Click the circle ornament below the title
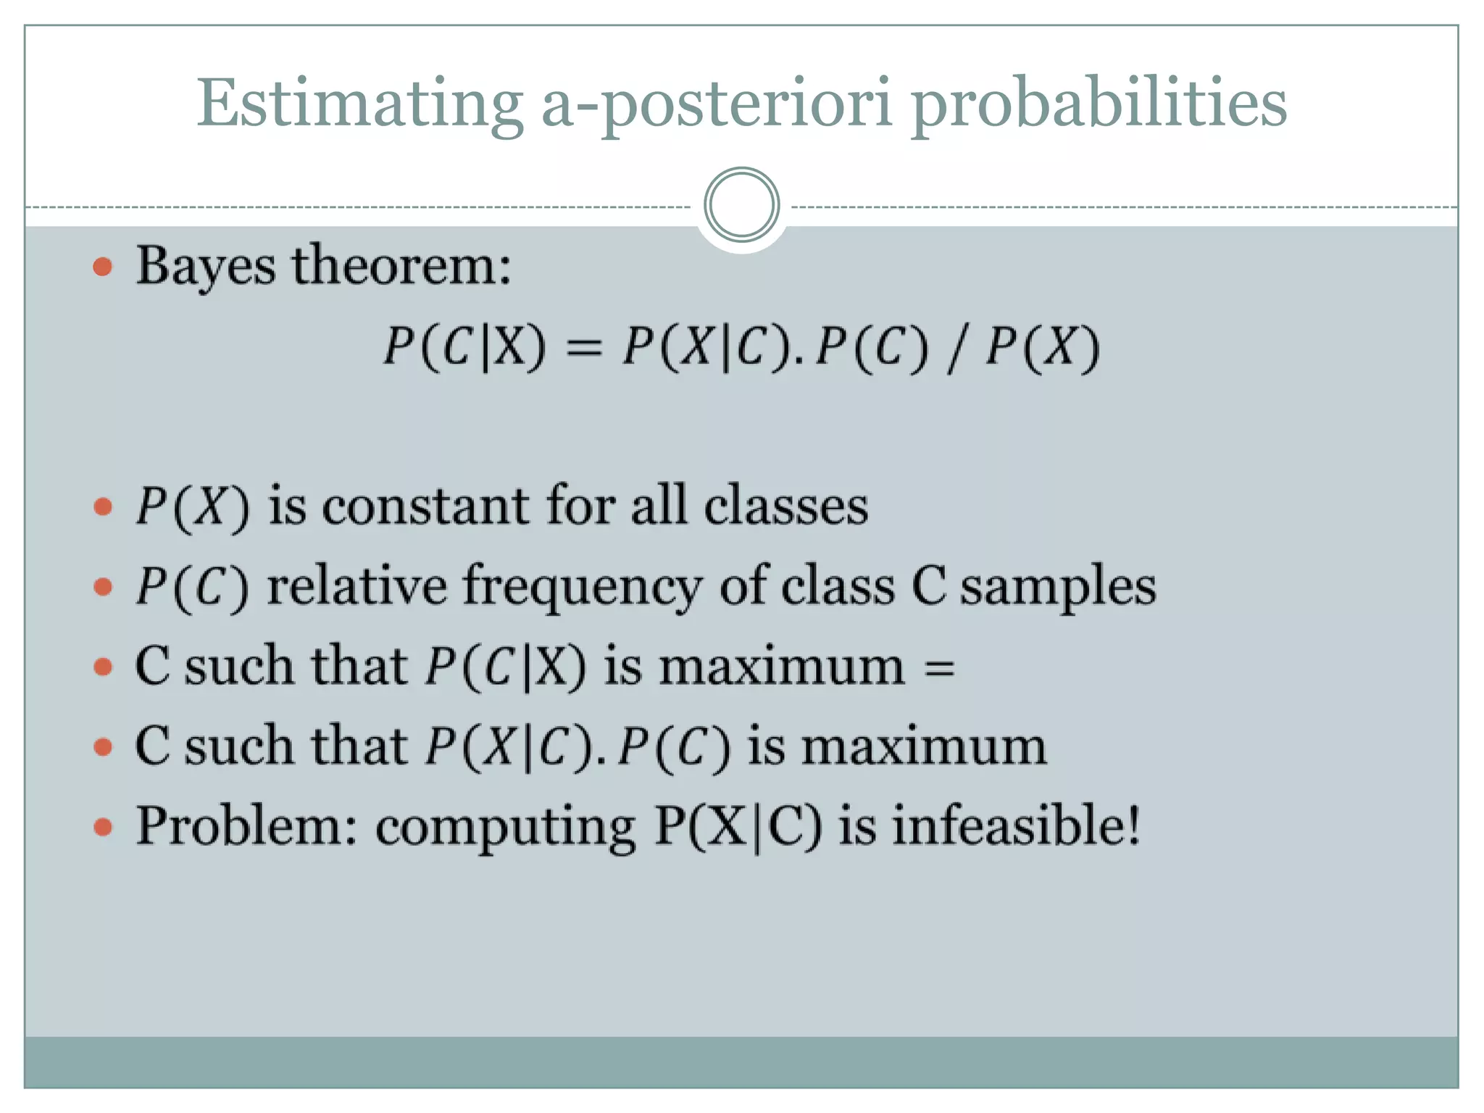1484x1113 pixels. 741,205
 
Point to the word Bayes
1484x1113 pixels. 206,267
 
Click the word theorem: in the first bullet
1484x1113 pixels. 401,265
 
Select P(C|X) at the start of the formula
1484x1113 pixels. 464,346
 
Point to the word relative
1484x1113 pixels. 357,585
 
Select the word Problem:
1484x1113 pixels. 246,826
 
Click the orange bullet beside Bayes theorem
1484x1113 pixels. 103,267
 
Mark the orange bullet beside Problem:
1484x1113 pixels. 103,827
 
